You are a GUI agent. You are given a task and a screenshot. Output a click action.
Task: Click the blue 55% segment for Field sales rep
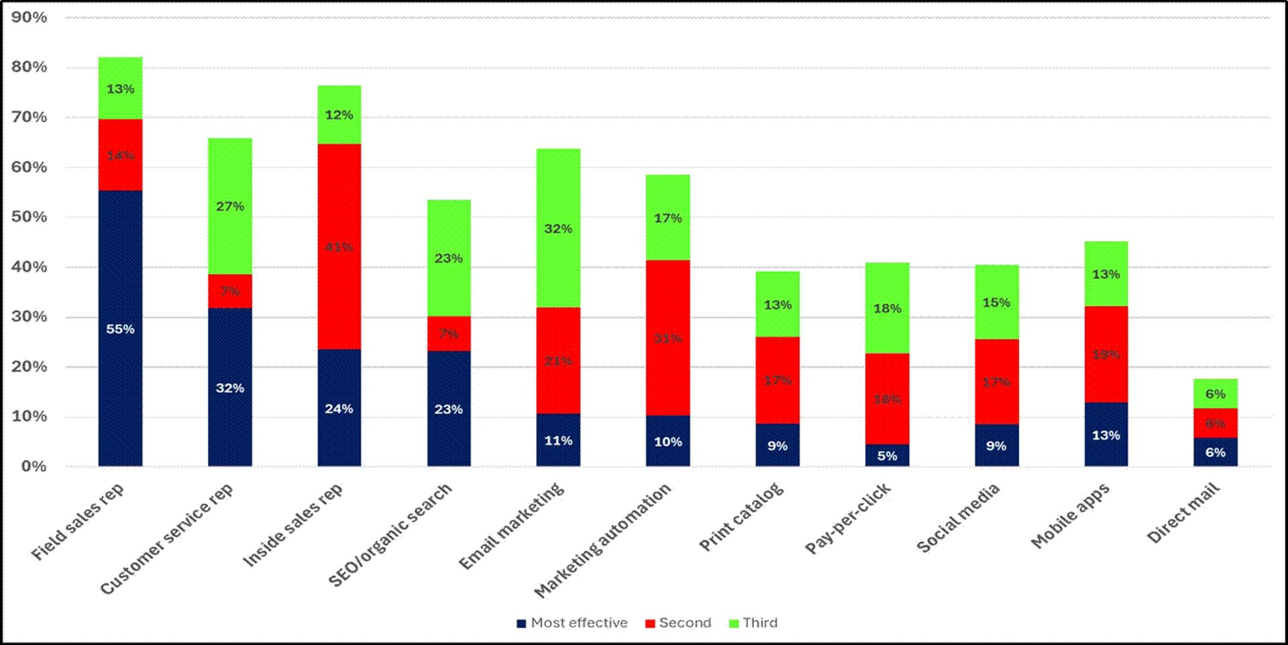pos(120,328)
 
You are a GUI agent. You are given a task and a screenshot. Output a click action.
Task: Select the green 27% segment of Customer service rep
pos(230,206)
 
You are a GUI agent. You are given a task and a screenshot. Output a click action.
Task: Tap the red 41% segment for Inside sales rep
pos(339,246)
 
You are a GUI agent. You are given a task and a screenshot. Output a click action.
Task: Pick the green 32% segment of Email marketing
pos(558,228)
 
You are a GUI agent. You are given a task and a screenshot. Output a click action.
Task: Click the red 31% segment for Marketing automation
pos(667,338)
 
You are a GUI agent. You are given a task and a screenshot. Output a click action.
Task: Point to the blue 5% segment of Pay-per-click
pos(887,456)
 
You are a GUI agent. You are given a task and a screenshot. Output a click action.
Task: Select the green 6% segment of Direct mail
pos(1215,394)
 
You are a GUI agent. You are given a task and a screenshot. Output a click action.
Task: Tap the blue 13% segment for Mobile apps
pos(1106,435)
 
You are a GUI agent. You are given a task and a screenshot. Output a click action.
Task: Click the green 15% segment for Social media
pos(996,302)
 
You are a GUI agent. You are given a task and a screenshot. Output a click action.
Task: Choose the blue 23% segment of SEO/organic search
pos(449,409)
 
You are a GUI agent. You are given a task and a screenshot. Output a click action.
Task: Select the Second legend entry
pos(678,623)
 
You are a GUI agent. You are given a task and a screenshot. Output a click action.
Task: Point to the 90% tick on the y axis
pos(30,17)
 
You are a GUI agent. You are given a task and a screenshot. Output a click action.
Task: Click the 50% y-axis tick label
pos(30,217)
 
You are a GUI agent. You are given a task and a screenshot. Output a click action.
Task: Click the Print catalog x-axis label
pos(741,517)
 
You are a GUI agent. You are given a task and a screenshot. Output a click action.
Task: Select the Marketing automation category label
pos(602,540)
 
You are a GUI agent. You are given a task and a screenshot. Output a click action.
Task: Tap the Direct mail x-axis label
pos(1183,513)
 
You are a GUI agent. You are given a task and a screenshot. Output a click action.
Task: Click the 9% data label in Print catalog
pos(777,446)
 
